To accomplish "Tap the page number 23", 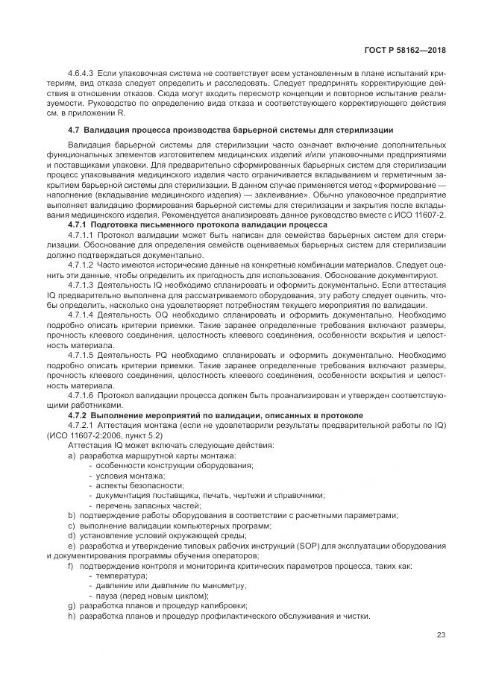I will pos(442,634).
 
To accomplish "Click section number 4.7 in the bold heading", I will pos(74,130).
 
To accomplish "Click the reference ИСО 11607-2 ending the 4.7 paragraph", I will pos(418,214).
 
